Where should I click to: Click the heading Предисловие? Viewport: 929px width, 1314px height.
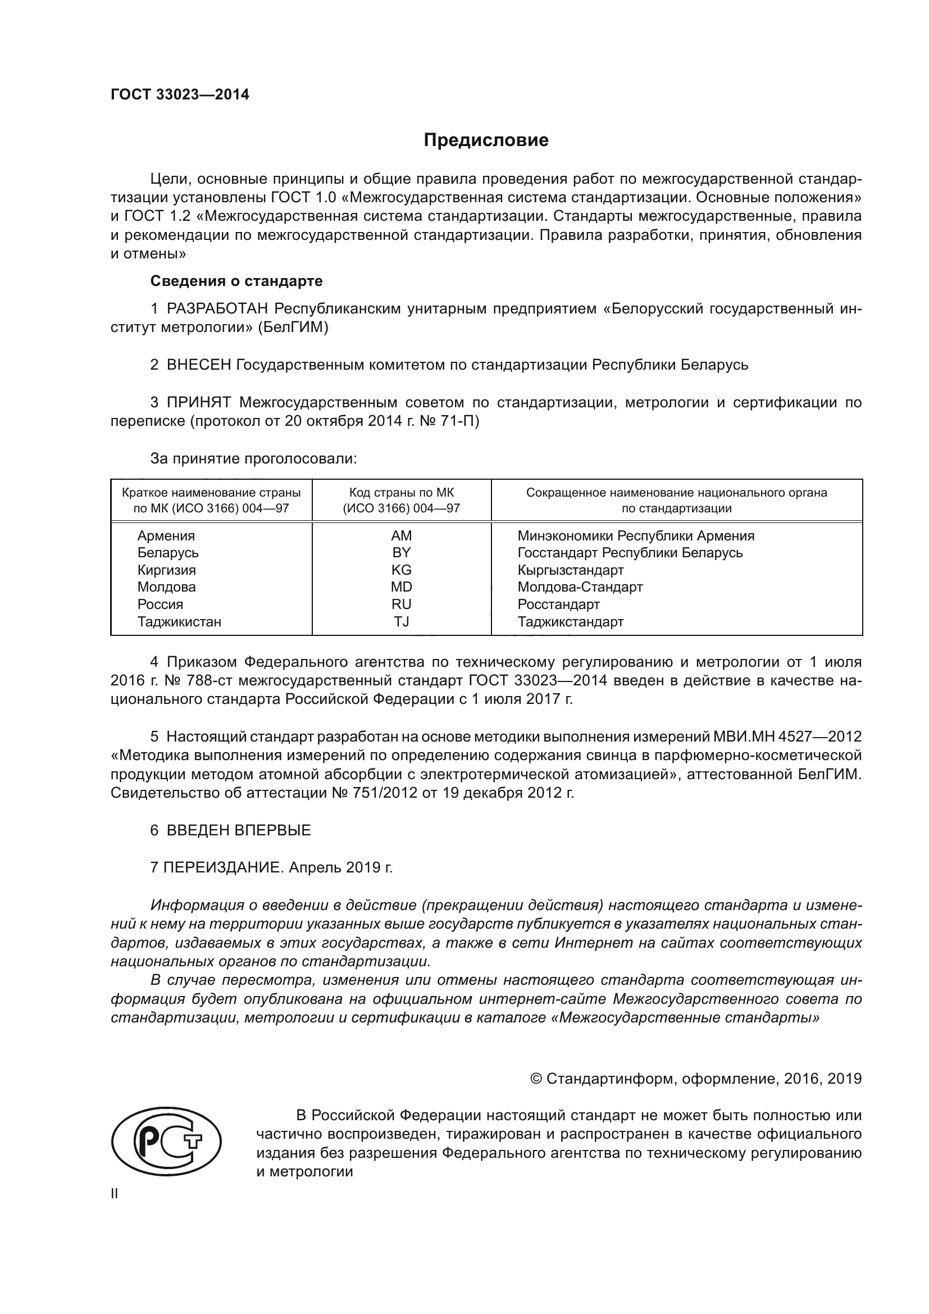[486, 140]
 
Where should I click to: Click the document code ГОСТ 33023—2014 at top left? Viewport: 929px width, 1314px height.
[180, 94]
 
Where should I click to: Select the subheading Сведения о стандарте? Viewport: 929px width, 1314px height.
[236, 281]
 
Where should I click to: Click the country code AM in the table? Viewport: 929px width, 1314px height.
[401, 536]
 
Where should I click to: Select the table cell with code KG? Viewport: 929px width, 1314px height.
[401, 570]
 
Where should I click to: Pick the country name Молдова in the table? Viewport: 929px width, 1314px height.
[166, 587]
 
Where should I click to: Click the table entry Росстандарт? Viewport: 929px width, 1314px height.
[558, 604]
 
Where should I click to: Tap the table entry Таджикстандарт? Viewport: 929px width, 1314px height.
[570, 621]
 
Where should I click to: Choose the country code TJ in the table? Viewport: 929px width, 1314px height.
[401, 621]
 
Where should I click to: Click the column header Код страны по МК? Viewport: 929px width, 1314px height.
[401, 493]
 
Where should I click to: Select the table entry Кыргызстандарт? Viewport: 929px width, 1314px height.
[570, 570]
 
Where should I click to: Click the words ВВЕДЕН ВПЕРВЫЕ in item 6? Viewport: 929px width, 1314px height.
[239, 830]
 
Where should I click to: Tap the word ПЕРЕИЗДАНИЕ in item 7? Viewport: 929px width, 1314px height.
[223, 867]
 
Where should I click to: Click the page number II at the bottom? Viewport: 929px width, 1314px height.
[115, 1194]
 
